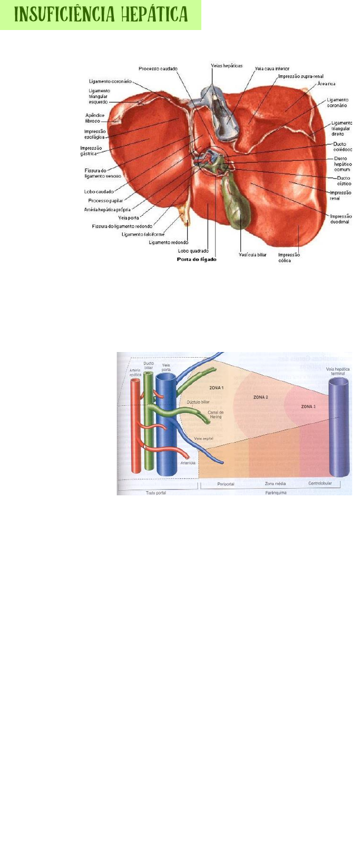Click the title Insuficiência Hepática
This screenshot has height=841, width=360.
tap(101, 15)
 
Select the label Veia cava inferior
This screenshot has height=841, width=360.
tap(272, 69)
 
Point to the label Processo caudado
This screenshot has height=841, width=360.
tap(158, 69)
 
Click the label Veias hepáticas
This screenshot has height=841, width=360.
tap(227, 65)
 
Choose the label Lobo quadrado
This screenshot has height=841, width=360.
tap(193, 251)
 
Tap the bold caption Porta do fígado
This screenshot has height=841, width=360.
tap(196, 259)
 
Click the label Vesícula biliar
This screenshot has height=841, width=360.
tap(252, 255)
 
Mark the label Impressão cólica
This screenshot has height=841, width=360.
tap(289, 257)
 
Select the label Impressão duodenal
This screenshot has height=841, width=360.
tap(340, 219)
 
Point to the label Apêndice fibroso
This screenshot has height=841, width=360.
tap(95, 118)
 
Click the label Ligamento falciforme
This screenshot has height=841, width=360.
tap(143, 234)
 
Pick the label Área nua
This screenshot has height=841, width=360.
tap(326, 84)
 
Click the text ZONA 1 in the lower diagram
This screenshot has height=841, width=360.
tap(217, 388)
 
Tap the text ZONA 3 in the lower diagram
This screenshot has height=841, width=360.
tap(308, 406)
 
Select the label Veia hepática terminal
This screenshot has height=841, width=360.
tap(337, 371)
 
